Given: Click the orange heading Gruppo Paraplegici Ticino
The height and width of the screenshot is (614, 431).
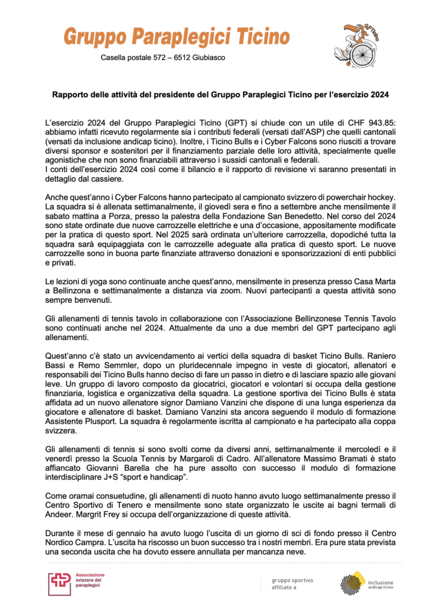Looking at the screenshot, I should pyautogui.click(x=176, y=37).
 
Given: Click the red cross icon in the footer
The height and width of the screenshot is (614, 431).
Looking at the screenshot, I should pyautogui.click(x=59, y=583).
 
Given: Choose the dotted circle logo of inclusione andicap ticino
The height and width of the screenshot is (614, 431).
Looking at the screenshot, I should pyautogui.click(x=352, y=583).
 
